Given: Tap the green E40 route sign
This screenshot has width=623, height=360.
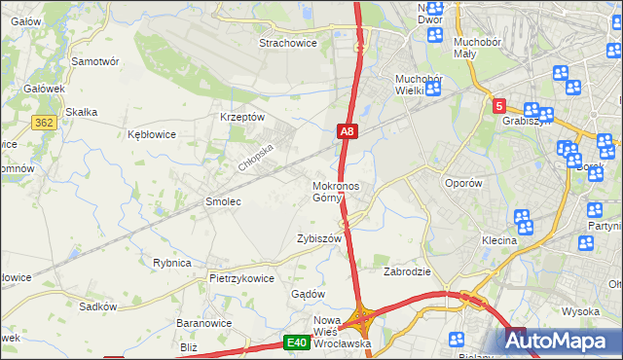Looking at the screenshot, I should (297, 342).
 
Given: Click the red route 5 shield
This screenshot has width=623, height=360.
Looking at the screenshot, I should (498, 105).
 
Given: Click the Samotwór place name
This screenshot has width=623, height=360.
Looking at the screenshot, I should (95, 60).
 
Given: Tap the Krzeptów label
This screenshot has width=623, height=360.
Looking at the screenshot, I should (242, 117).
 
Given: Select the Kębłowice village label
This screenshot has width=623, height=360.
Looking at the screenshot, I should (151, 134).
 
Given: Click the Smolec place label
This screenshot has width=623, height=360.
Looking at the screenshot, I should (222, 201).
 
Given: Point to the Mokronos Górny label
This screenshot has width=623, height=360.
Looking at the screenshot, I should (336, 192).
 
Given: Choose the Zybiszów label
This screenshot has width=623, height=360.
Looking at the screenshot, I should (319, 238).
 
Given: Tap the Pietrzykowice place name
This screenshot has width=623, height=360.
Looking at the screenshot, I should (241, 278).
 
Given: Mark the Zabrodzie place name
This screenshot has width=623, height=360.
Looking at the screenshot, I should (407, 272).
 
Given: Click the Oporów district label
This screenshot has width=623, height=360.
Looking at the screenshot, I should (462, 183).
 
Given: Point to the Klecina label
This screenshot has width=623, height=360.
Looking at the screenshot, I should (497, 240).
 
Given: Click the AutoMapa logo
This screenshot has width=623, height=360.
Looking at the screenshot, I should (563, 341).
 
